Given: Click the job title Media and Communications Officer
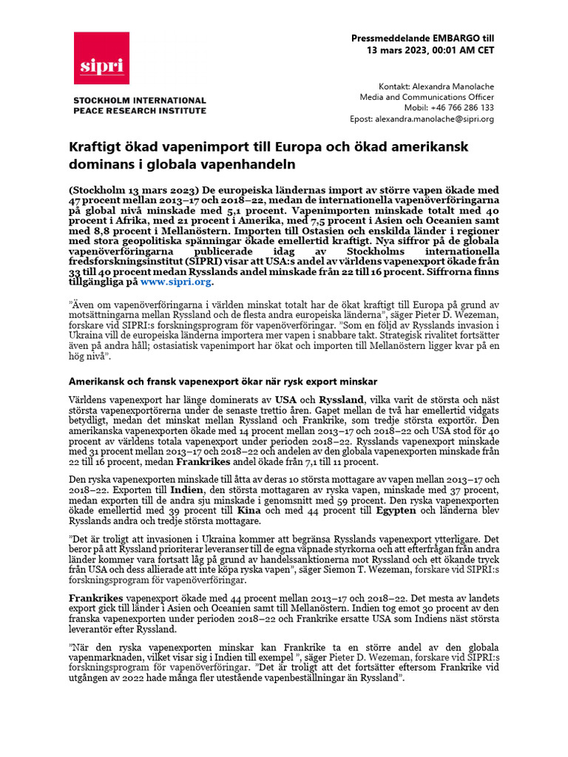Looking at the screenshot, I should [427, 97].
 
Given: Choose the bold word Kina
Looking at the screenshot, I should [248, 510].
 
